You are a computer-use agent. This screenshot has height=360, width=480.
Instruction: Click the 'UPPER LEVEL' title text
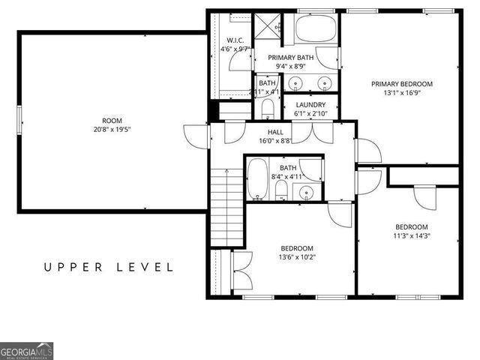109,267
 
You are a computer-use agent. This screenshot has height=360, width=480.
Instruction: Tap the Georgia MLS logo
26,351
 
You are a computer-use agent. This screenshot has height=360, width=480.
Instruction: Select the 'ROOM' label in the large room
112,120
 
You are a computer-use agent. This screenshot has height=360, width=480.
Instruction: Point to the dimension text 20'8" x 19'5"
112,129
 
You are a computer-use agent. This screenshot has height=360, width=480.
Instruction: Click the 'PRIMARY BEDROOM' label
402,84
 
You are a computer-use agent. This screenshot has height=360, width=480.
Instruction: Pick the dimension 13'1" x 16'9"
402,94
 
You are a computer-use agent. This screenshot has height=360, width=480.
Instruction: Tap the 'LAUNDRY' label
310,105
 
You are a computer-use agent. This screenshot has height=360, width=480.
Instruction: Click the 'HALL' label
254,131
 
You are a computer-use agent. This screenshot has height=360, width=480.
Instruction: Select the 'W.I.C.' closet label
235,40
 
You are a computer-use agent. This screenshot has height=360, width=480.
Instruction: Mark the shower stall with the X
266,25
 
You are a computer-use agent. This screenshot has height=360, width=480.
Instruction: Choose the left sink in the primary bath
298,82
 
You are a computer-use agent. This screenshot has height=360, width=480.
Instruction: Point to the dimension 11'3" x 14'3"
412,235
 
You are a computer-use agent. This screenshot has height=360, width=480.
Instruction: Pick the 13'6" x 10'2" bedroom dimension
297,257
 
